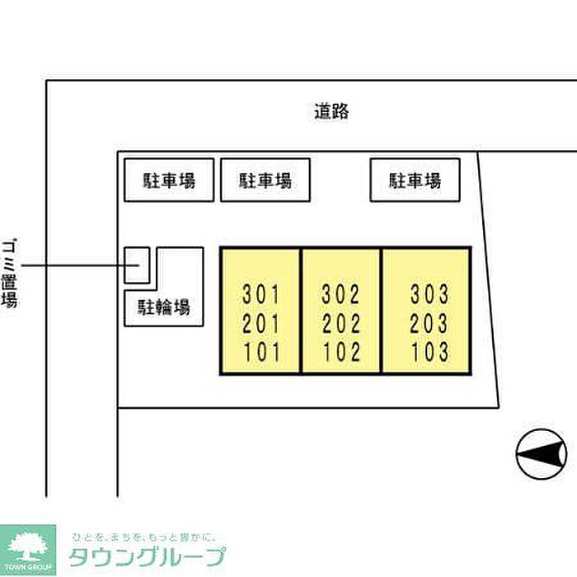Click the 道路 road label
pos(331,112)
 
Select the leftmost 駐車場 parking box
pos(170,180)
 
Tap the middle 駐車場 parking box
pos(265,180)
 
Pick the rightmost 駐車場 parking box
pos(414,180)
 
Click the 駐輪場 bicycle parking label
pos(163,308)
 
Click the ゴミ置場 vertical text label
pos(10,270)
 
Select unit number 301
pos(261,293)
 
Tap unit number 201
pos(261,323)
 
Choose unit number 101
pos(261,353)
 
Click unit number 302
pos(340,293)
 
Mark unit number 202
pos(340,323)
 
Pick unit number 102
pos(340,353)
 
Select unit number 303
pos(429,293)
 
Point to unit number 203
pos(429,323)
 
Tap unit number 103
pos(429,353)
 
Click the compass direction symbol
pos(542,453)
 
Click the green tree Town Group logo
pos(28,547)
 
